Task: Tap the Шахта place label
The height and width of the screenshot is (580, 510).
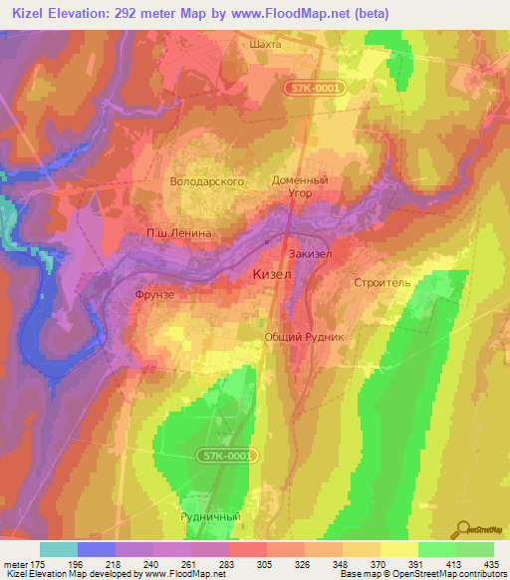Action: pos(264,45)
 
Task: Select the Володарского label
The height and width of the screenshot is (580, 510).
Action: pos(207,182)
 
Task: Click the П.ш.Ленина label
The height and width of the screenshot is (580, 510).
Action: pos(179,233)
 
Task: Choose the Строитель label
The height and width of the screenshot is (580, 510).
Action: pos(382,283)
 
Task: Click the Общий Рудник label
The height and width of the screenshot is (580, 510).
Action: pos(304,337)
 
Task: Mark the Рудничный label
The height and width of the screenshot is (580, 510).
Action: pos(210,517)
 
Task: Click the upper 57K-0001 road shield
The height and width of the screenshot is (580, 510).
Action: pos(318,90)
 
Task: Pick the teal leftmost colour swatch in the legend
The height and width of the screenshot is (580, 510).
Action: pos(58,549)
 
